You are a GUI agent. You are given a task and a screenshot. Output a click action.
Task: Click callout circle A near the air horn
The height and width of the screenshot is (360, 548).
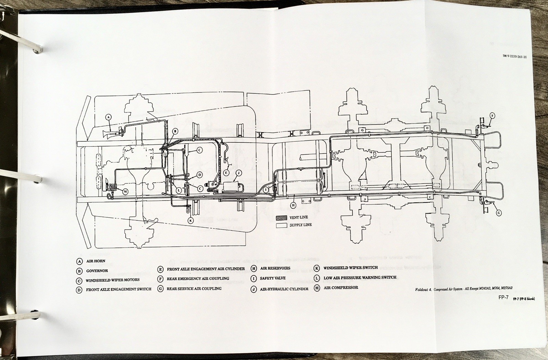108,117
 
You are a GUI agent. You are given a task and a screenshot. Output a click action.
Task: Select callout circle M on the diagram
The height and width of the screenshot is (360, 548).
125,191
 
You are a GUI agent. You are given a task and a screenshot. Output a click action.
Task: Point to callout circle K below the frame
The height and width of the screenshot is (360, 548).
191,220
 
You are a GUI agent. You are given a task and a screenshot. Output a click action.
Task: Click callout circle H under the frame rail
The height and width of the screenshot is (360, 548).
293,205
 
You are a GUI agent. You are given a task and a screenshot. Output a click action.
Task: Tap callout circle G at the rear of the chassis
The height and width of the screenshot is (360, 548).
499,213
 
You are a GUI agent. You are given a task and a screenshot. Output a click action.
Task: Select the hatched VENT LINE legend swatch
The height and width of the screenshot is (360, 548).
282,218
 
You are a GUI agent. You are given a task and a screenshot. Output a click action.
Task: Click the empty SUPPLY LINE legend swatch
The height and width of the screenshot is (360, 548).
282,225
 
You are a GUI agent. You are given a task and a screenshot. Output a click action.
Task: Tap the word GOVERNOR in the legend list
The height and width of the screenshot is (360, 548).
97,271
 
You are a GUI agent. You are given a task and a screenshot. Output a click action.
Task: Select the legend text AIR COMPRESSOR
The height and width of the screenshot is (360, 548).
341,288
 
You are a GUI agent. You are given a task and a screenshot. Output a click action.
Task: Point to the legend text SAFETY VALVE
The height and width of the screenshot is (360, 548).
273,278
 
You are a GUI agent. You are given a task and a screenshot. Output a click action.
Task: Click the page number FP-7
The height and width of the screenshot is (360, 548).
505,298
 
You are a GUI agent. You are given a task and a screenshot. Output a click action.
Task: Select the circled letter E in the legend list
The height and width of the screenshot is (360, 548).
160,269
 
